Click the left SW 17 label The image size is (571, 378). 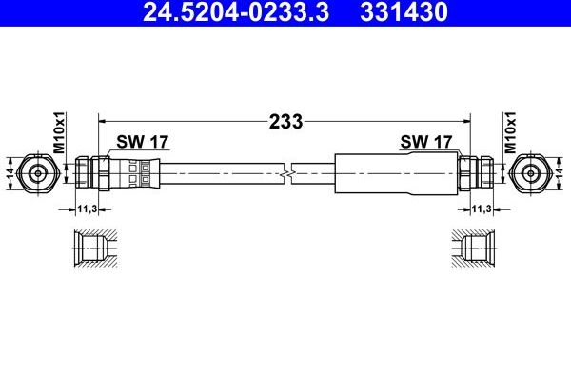pos(143,142)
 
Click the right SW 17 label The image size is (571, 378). pos(425,142)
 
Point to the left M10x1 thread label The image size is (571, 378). pos(58,134)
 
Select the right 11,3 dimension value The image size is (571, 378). pos(481,209)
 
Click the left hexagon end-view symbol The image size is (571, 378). pos(38,173)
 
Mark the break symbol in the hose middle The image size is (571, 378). pos(290,173)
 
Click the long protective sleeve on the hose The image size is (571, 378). pos(390,173)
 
